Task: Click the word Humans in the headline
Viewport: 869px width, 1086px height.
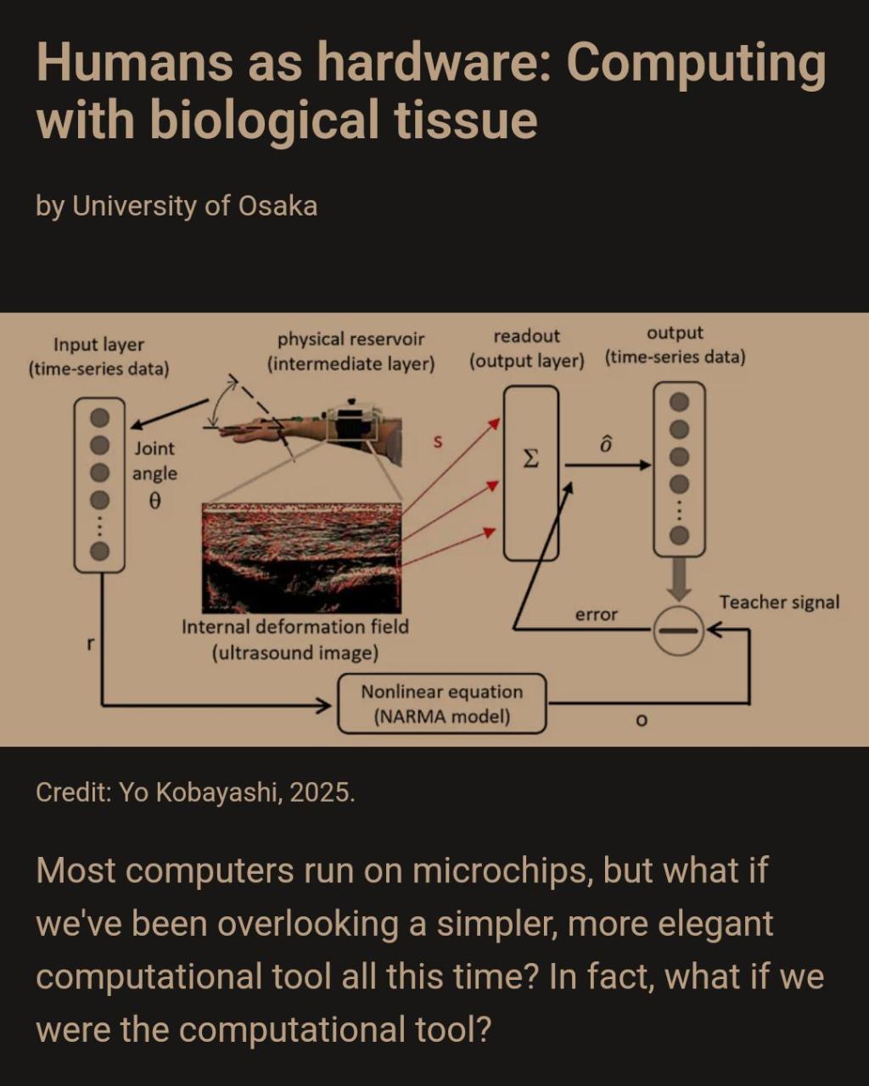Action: (134, 63)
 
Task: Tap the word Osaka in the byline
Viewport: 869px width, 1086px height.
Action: (278, 206)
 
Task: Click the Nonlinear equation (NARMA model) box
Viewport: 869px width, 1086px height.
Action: (442, 703)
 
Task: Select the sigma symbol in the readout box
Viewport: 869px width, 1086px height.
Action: (530, 459)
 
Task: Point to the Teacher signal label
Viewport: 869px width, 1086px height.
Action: (779, 602)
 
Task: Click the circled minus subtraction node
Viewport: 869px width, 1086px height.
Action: (679, 630)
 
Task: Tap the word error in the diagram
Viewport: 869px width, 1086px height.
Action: (597, 614)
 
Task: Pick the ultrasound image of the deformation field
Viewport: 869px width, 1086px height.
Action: (301, 557)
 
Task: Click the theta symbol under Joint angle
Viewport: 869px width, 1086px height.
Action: (155, 501)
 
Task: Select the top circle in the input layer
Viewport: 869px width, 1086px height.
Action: (99, 417)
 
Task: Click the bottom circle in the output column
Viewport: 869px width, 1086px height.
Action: (679, 535)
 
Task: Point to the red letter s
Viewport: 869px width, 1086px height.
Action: (438, 442)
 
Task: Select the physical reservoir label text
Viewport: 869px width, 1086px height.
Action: (351, 351)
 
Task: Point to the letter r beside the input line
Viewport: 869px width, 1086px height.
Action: (91, 644)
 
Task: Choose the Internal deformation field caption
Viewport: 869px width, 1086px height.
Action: (295, 640)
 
